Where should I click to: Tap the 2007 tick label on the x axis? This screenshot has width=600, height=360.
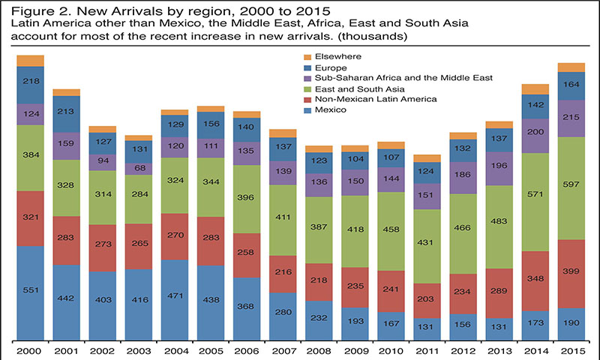pos(283,350)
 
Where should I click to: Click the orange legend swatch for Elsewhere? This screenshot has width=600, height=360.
pos(304,56)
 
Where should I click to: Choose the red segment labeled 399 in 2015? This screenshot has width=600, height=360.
pos(571,274)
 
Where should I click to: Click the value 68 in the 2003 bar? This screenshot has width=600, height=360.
pos(139,168)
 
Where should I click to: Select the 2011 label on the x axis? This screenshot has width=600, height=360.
pos(427,350)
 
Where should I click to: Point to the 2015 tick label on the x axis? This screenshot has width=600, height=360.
pos(571,350)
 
